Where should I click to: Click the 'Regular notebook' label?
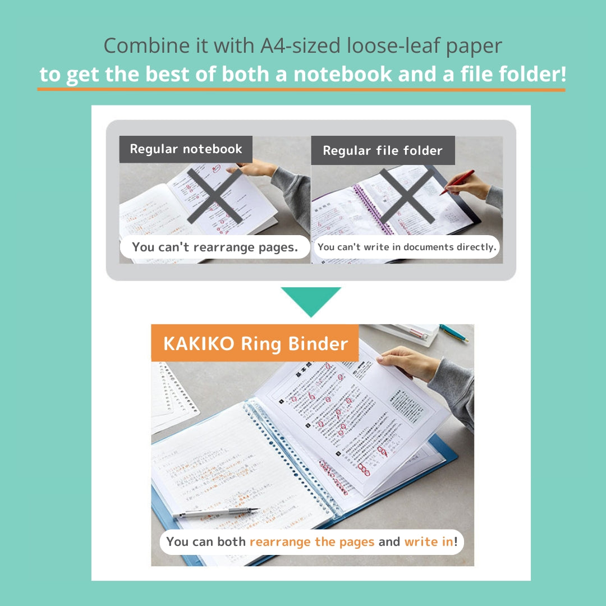tap(186, 149)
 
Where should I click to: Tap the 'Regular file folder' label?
tap(383, 150)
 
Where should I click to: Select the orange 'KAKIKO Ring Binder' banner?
tap(255, 343)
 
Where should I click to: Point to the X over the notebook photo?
tap(215, 196)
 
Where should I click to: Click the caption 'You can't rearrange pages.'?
tap(215, 247)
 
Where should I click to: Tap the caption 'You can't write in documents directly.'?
tap(407, 247)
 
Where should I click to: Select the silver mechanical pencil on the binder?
tap(216, 512)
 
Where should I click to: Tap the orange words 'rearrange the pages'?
tap(312, 541)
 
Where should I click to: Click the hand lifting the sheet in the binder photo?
tap(407, 362)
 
